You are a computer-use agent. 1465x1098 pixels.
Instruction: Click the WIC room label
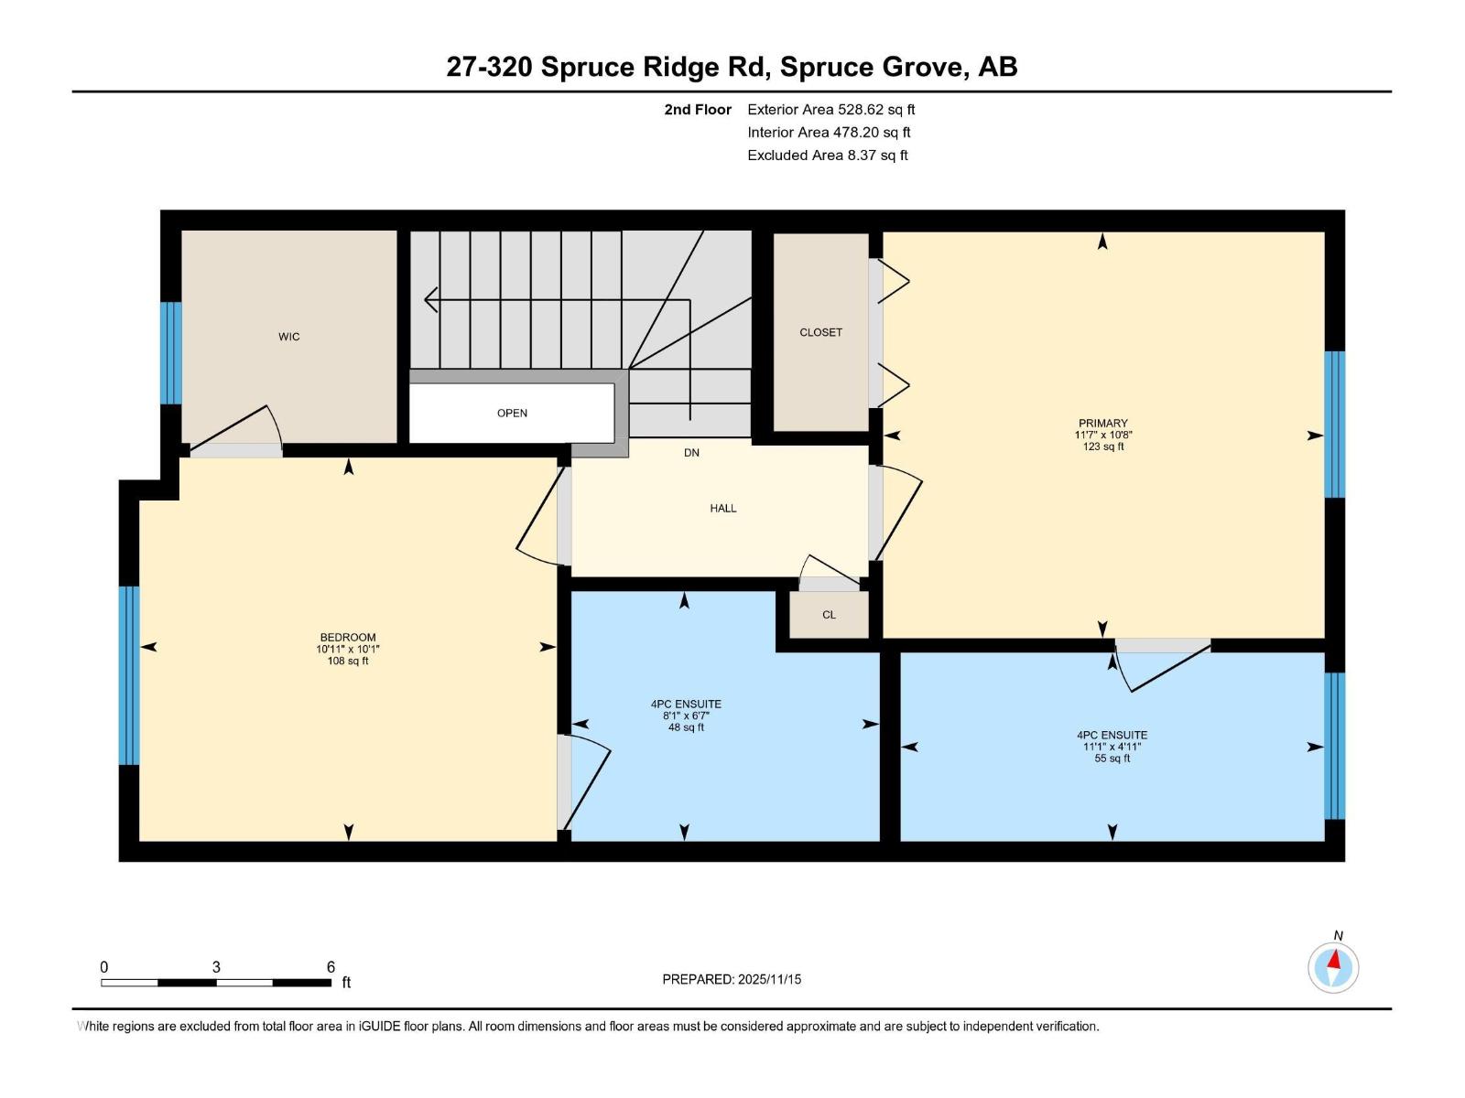[x=288, y=337]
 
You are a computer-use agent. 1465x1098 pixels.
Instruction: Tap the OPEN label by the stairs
[x=512, y=413]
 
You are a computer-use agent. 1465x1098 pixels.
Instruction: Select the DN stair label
[x=691, y=452]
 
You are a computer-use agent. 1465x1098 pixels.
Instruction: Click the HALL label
[x=722, y=508]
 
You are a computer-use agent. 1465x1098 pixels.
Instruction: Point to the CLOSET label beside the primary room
[x=820, y=332]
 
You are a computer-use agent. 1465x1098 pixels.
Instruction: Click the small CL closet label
[x=829, y=615]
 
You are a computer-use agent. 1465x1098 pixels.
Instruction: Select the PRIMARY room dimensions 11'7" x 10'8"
[x=1102, y=436]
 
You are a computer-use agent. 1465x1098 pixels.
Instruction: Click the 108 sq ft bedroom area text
[x=348, y=661]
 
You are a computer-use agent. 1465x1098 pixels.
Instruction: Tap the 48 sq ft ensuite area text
[x=686, y=727]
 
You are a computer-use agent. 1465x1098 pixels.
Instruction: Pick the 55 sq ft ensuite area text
[x=1112, y=759]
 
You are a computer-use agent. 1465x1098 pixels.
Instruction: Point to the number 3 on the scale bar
[x=216, y=967]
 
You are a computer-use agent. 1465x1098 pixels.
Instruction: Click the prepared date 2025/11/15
[x=769, y=979]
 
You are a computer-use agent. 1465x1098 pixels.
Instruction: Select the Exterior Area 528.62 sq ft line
[x=830, y=110]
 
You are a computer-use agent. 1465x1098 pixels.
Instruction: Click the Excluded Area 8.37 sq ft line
[x=827, y=156]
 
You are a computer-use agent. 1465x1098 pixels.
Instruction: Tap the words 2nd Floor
[x=698, y=110]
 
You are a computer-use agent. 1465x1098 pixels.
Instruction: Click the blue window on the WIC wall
[x=171, y=352]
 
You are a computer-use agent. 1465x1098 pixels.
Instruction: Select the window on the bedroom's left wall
[x=129, y=675]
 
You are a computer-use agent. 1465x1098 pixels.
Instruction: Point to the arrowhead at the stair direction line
[x=430, y=299]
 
